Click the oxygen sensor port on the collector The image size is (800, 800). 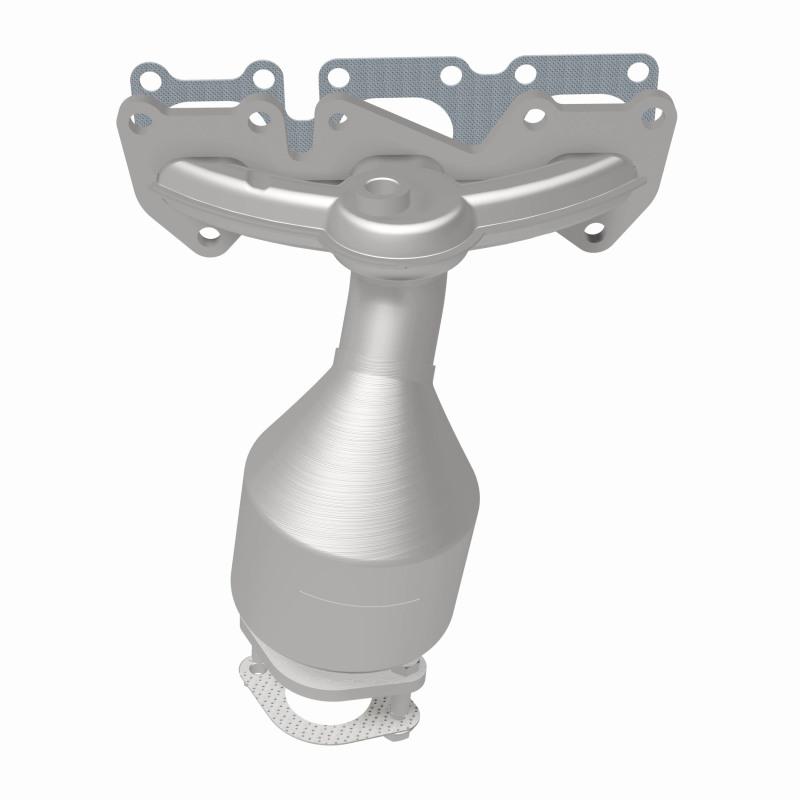[x=383, y=187]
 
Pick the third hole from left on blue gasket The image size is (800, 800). [x=337, y=75]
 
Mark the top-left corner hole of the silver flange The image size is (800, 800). [x=140, y=119]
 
